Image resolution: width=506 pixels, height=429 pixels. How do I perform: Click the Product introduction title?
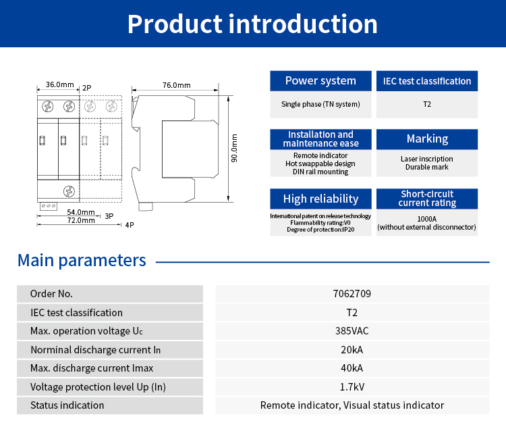tap(252, 24)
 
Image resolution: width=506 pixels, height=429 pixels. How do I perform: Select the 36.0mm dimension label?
tap(59, 85)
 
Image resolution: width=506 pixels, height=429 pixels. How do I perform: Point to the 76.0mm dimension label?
tap(176, 85)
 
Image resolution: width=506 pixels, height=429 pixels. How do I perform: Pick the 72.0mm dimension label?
tap(81, 220)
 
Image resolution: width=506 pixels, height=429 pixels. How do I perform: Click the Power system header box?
tap(320, 81)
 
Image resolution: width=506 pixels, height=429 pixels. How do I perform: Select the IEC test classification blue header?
tap(427, 81)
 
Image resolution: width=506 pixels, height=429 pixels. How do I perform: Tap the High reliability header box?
tap(320, 199)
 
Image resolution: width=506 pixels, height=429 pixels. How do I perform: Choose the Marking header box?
tap(427, 139)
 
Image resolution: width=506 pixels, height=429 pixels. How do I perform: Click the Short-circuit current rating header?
tap(427, 199)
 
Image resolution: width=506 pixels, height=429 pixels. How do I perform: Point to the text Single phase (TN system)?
tap(320, 104)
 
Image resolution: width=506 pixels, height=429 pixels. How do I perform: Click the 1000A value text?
tap(427, 219)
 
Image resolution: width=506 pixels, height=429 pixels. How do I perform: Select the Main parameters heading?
tap(82, 260)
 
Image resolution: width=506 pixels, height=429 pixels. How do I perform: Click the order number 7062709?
tap(352, 294)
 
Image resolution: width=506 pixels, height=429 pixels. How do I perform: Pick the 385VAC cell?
tap(352, 331)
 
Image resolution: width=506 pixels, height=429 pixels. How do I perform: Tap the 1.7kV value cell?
tap(352, 387)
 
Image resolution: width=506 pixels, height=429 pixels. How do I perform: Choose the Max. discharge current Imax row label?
tap(92, 368)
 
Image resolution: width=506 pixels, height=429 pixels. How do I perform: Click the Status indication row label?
tap(67, 405)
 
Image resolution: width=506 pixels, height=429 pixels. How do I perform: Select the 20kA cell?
tap(352, 350)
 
